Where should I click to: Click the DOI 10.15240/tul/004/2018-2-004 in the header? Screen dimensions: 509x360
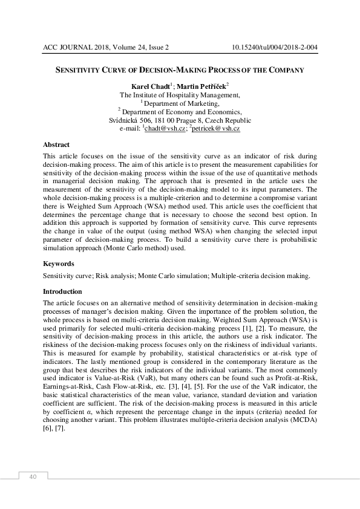(x=275, y=47)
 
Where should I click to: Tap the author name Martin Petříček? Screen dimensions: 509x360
(x=204, y=86)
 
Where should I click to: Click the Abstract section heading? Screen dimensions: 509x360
(x=56, y=144)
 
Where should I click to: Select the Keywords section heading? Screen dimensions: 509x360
(x=59, y=264)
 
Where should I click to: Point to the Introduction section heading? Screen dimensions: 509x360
(x=62, y=291)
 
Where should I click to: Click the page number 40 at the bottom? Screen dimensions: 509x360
(x=33, y=477)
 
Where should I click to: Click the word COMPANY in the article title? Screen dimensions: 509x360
(x=283, y=70)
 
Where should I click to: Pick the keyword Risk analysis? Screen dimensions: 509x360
(x=116, y=276)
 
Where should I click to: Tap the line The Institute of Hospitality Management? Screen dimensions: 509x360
(x=180, y=95)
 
